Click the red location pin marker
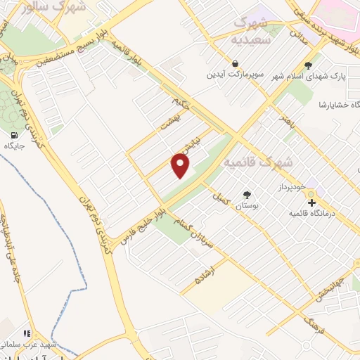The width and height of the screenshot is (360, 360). tap(181, 165)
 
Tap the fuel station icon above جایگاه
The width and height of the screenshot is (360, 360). tap(14, 134)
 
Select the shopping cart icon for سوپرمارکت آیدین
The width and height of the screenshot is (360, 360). tap(210, 63)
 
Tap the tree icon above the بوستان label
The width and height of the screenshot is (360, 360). tap(247, 194)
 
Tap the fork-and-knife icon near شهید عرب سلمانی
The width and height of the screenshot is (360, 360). tap(26, 333)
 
